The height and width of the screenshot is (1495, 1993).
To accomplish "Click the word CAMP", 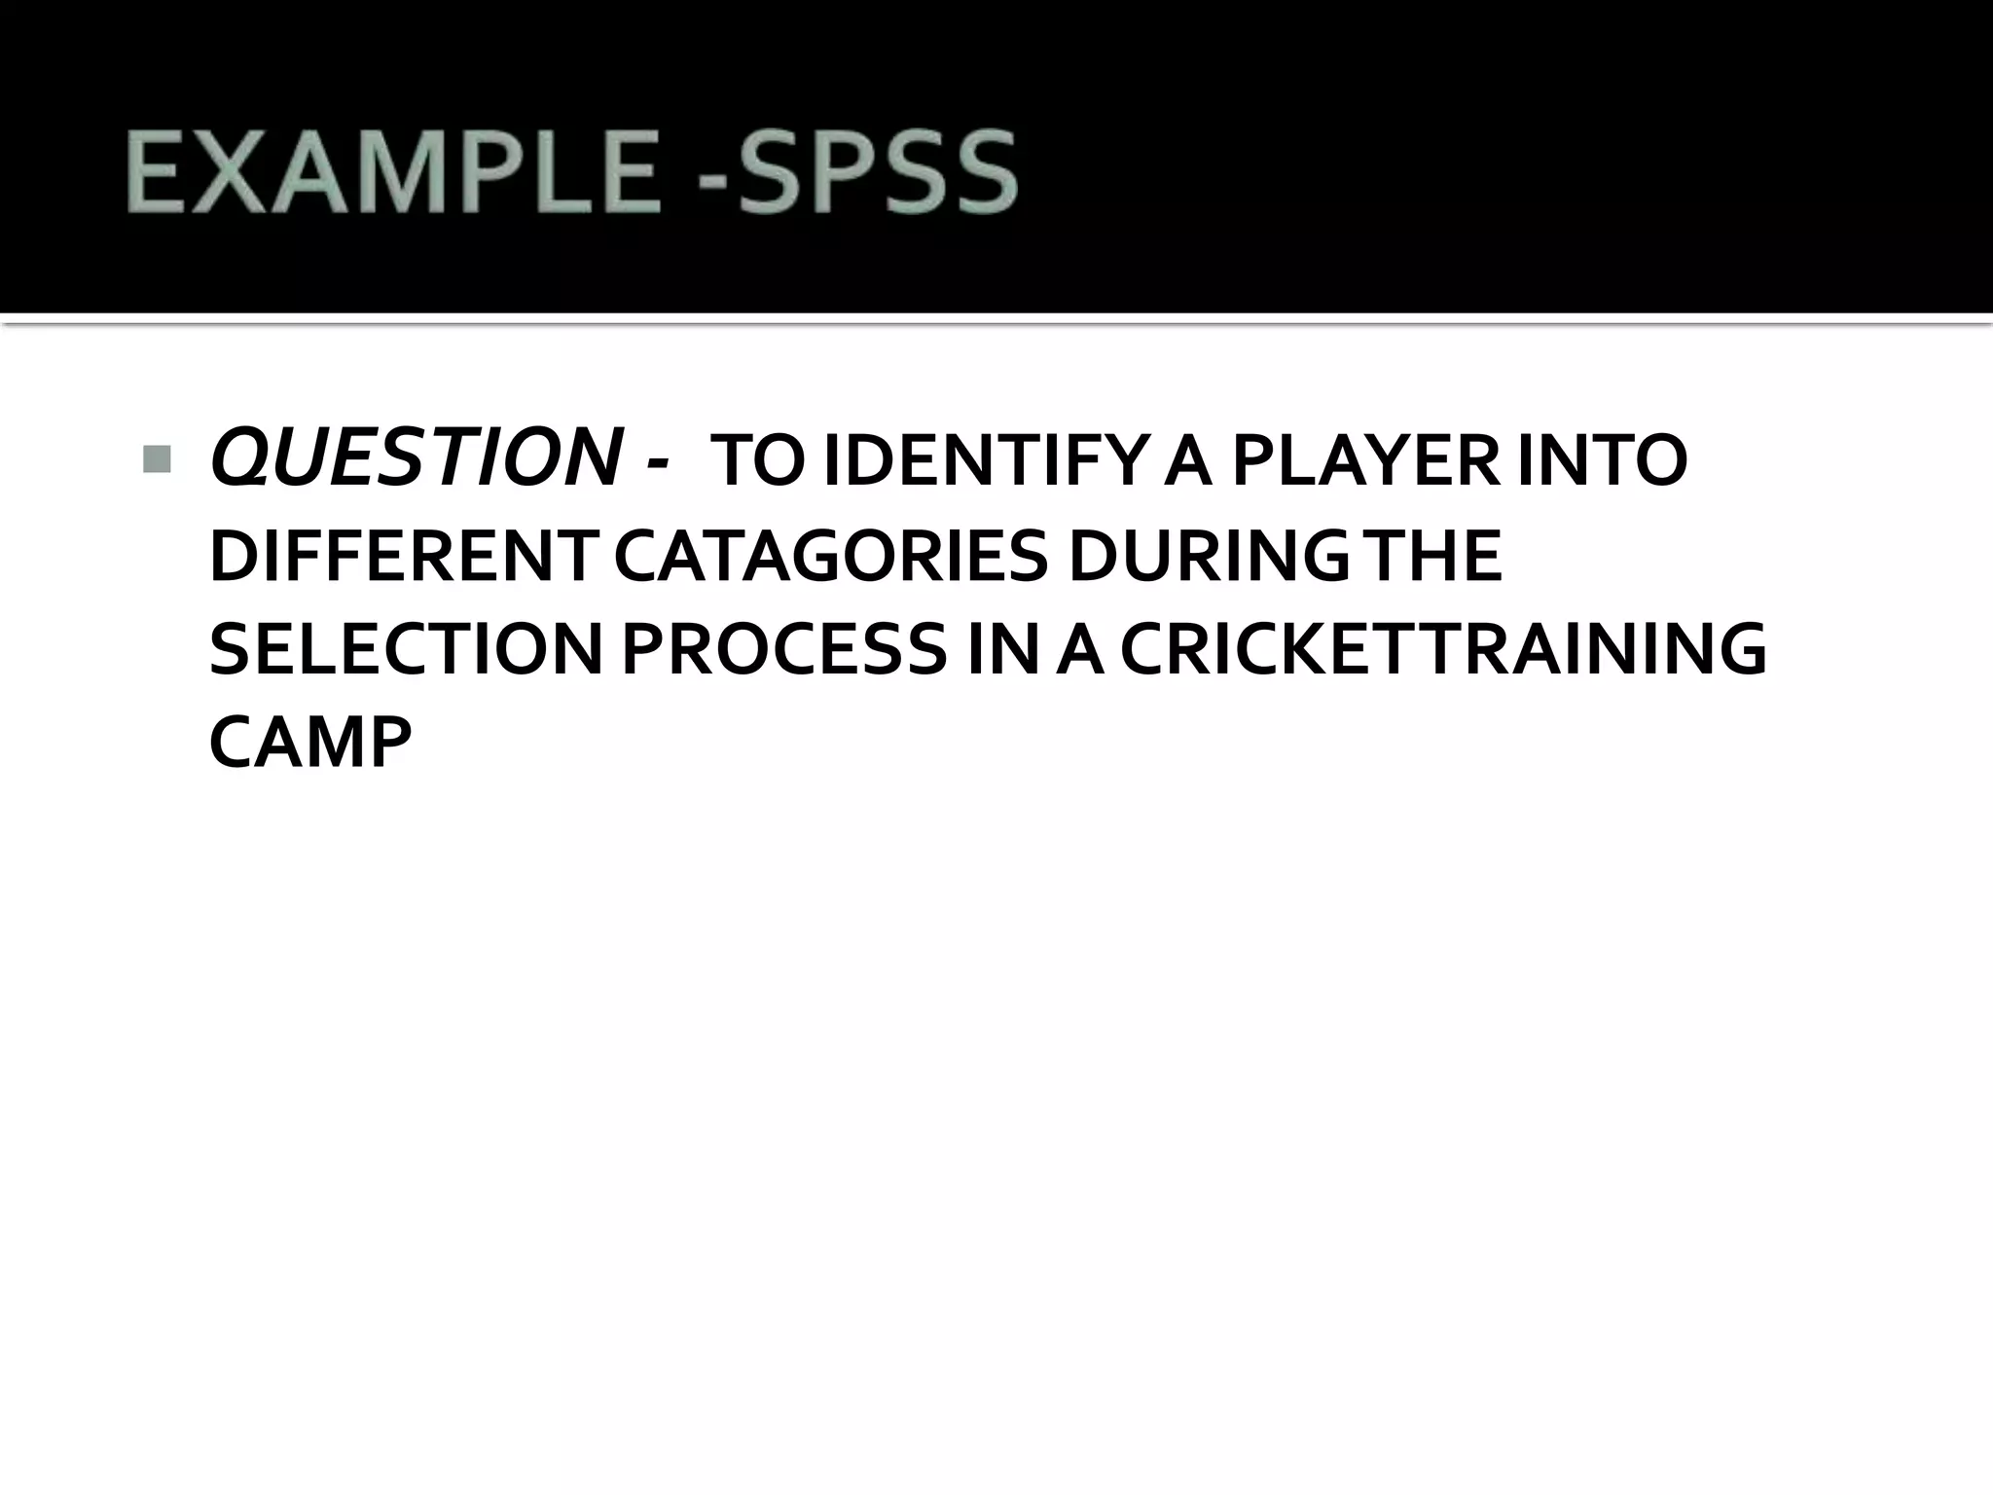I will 310,744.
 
